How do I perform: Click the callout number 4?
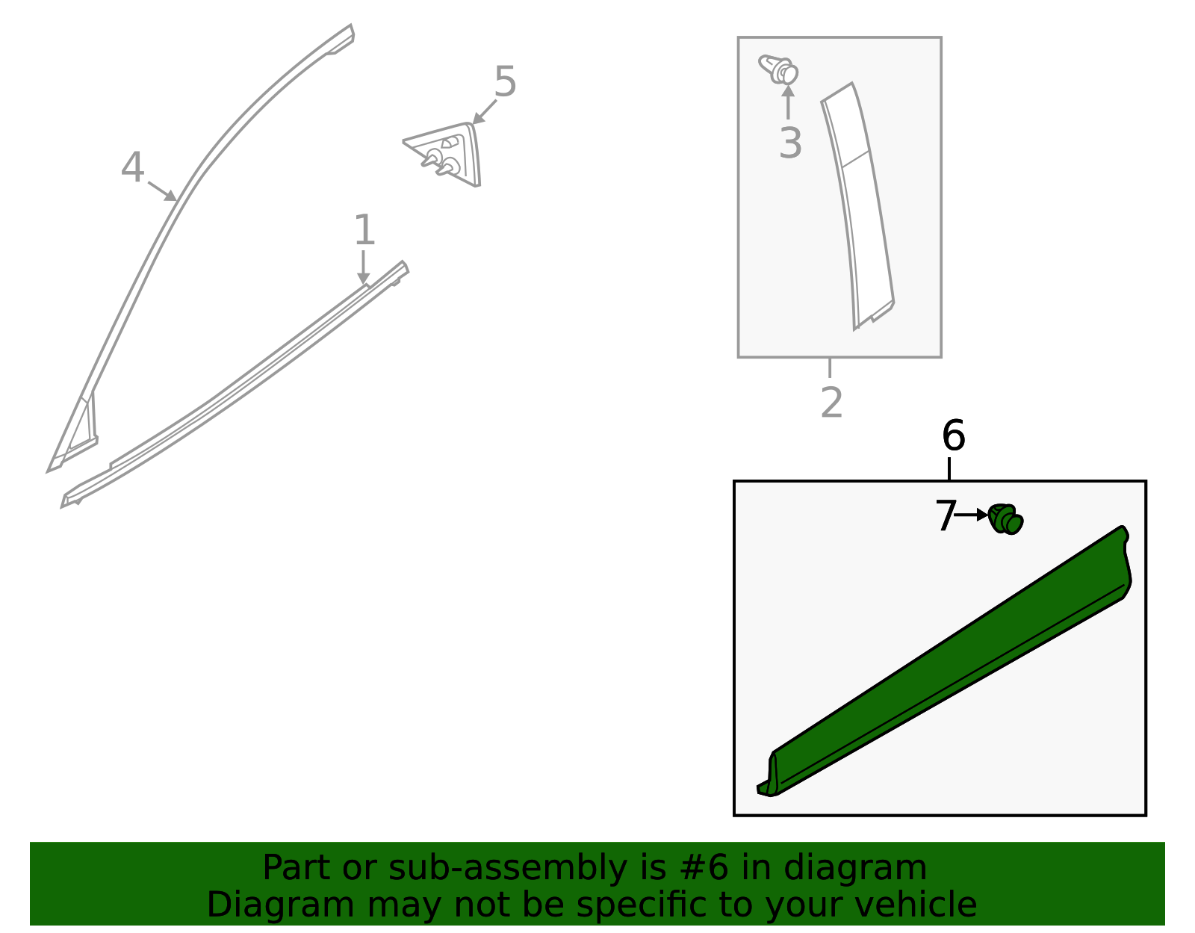(132, 167)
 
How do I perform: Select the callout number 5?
(505, 81)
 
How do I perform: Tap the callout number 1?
(364, 230)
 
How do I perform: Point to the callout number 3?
(790, 143)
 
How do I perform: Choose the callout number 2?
(831, 403)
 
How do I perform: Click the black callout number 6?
(954, 435)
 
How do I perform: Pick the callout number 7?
(946, 516)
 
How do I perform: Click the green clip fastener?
(1005, 518)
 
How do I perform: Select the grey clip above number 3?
(779, 70)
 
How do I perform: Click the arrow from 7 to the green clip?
(972, 515)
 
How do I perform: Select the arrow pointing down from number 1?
(363, 267)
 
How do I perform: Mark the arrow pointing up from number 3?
(789, 102)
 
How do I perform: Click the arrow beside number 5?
(485, 111)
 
